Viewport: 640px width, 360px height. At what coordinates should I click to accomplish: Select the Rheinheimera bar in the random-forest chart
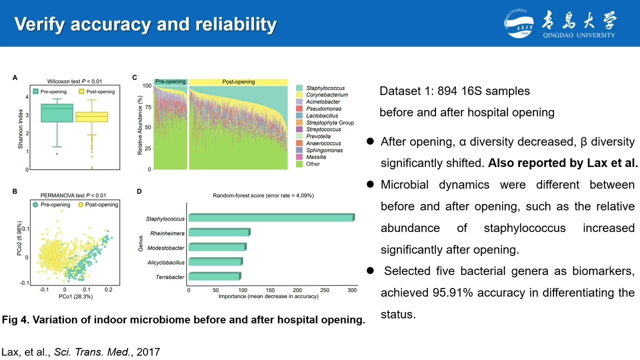pyautogui.click(x=218, y=233)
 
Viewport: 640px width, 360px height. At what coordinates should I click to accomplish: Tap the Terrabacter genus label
pyautogui.click(x=170, y=277)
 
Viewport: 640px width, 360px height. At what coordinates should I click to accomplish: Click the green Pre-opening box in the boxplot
pyautogui.click(x=57, y=113)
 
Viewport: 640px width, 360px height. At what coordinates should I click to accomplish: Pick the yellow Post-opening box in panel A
pyautogui.click(x=91, y=117)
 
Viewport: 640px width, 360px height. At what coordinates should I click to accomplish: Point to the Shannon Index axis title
pyautogui.click(x=20, y=128)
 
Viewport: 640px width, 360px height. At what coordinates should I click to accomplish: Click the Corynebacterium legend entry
pyautogui.click(x=326, y=95)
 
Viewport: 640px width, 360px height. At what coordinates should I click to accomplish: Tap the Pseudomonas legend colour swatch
pyautogui.click(x=299, y=108)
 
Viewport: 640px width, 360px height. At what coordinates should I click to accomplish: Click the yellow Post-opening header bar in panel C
pyautogui.click(x=238, y=81)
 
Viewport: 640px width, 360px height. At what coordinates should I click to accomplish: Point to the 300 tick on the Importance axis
pyautogui.click(x=352, y=290)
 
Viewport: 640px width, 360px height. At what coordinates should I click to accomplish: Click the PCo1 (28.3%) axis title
pyautogui.click(x=75, y=296)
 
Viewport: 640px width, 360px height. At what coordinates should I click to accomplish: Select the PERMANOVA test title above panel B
pyautogui.click(x=73, y=195)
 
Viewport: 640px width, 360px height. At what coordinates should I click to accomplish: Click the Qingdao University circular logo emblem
pyautogui.click(x=518, y=23)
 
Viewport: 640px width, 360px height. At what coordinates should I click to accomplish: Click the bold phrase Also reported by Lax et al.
pyautogui.click(x=563, y=163)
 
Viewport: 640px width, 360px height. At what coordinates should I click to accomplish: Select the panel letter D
pyautogui.click(x=139, y=191)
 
